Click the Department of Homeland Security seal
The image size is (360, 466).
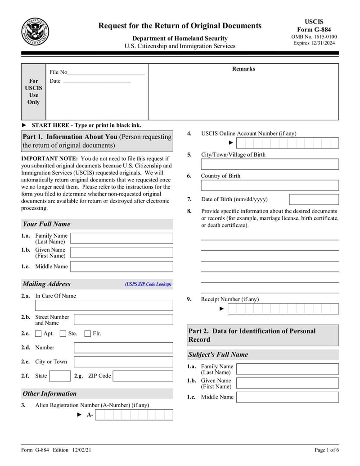(35, 32)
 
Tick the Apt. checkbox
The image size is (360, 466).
(39, 334)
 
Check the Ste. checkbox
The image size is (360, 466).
(63, 334)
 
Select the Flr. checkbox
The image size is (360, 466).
(88, 334)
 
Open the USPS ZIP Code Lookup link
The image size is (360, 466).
(148, 284)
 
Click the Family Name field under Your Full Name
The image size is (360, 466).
(121, 238)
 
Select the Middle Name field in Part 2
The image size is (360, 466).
(287, 397)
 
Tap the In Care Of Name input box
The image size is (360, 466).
(104, 305)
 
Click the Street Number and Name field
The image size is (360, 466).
(123, 320)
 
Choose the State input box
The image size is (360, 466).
(59, 376)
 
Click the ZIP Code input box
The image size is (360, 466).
(142, 376)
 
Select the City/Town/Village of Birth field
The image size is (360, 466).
(270, 164)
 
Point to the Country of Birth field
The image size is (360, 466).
(270, 185)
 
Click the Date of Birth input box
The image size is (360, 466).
(314, 199)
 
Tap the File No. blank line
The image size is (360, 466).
(106, 72)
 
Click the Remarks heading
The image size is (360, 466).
(243, 69)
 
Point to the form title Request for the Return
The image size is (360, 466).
(180, 26)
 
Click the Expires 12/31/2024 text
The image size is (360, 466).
(314, 43)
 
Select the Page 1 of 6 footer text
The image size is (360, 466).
(327, 450)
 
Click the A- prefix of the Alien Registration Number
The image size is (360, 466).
(90, 415)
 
